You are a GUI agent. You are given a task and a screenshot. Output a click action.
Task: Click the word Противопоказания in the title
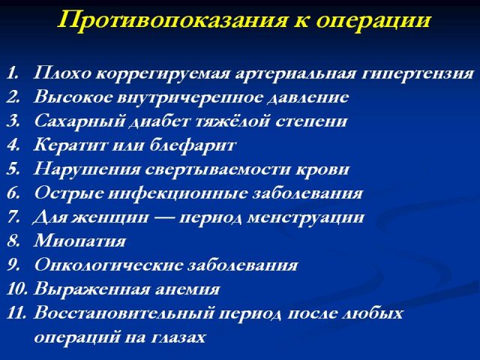click(173, 20)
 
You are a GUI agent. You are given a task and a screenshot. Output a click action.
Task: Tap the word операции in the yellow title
click(373, 22)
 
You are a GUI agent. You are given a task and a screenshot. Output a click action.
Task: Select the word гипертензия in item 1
click(418, 74)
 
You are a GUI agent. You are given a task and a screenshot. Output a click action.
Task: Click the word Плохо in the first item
click(62, 73)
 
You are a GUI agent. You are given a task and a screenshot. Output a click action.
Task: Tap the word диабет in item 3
click(160, 121)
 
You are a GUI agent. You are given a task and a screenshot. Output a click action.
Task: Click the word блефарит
click(193, 145)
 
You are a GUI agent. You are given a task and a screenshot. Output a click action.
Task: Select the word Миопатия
click(79, 241)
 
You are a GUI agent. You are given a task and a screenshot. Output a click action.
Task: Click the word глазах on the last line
click(178, 337)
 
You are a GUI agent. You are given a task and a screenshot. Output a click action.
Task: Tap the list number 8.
click(13, 241)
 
